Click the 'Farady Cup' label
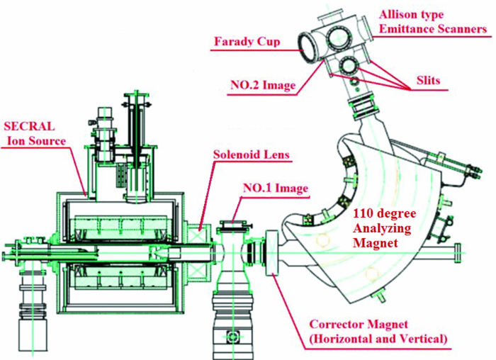[247, 42]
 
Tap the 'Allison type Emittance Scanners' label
[433, 21]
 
